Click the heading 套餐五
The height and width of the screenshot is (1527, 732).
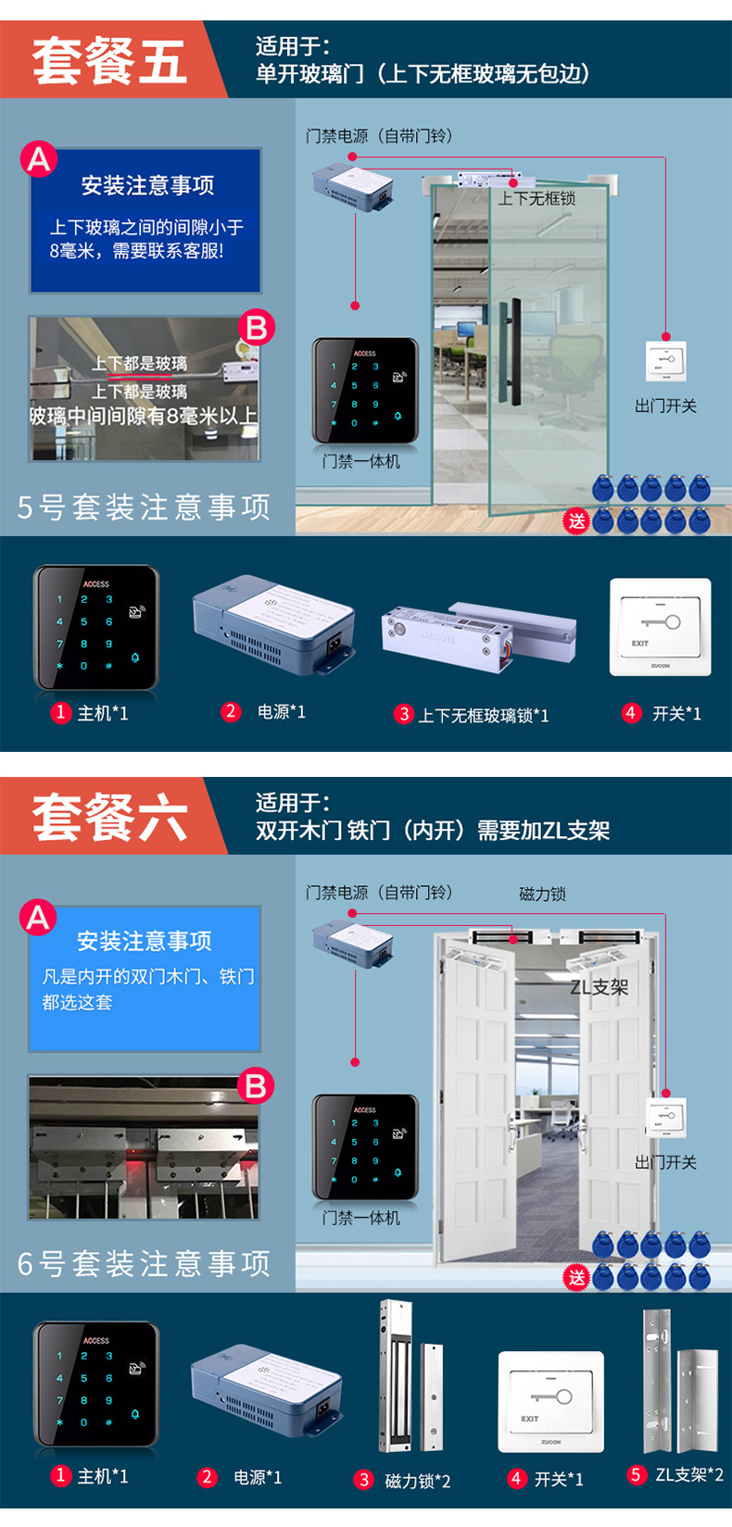109,61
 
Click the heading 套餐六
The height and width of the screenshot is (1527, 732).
109,818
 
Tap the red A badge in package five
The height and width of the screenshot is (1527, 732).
39,160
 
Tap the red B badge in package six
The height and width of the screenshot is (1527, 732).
256,1085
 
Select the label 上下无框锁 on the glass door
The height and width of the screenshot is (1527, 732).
536,198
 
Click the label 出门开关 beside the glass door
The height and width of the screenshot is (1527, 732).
665,406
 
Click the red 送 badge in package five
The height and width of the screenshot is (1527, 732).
576,520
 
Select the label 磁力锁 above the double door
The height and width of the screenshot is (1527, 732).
542,894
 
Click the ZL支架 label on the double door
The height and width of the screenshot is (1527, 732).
599,987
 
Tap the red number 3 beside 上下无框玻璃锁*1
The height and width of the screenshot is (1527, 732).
404,714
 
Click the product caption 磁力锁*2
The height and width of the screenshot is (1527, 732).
417,1481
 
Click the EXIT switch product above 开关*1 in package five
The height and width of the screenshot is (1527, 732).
660,626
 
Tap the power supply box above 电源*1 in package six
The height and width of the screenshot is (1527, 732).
266,1386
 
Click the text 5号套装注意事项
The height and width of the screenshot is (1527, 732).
145,507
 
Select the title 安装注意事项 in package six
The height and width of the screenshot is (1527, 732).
145,941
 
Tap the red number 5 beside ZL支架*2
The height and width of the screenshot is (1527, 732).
636,1474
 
